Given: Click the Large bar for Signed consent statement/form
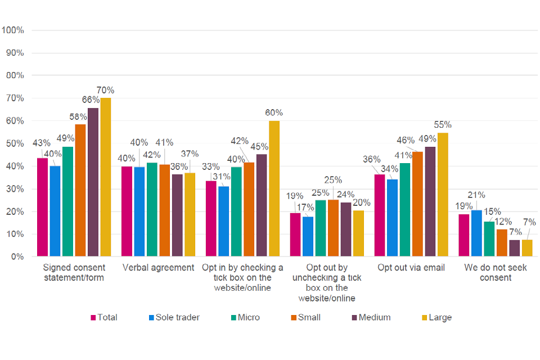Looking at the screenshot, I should click(x=106, y=177).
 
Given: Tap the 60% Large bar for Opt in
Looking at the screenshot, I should click(x=274, y=188).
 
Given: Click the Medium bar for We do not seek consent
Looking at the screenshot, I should click(x=515, y=248).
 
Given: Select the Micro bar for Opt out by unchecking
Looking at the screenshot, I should click(x=321, y=228).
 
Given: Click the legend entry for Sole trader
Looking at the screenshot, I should click(x=174, y=317).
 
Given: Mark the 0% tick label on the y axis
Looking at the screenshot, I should click(x=17, y=256).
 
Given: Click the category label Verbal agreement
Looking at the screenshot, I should click(x=158, y=268).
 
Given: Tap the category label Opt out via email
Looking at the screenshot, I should click(x=411, y=268).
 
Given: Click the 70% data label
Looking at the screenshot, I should click(x=105, y=90).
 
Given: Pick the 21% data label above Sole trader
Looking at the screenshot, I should click(x=476, y=195).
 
